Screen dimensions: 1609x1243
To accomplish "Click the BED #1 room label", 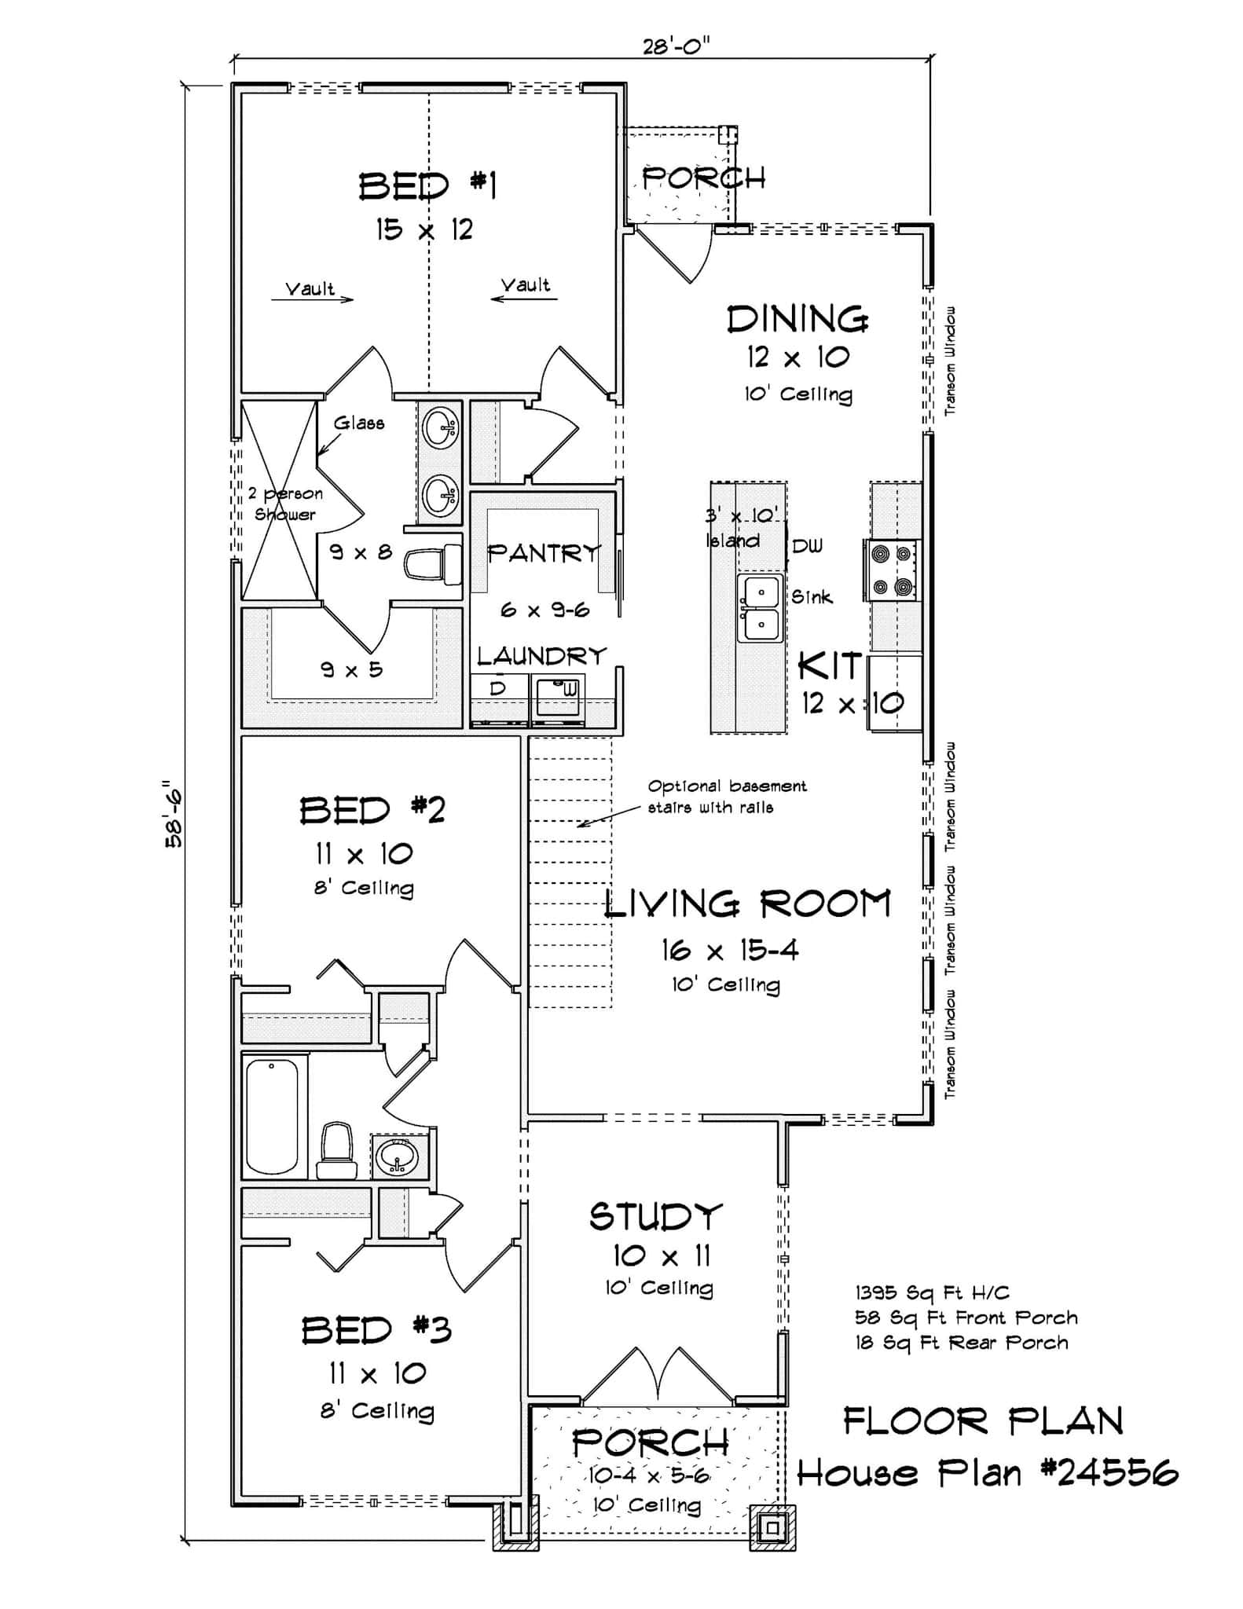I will pyautogui.click(x=427, y=186).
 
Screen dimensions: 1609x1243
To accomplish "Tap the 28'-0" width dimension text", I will pyautogui.click(x=676, y=47).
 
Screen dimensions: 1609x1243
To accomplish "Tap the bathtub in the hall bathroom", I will pyautogui.click(x=272, y=1116).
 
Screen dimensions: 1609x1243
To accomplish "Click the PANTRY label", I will pyautogui.click(x=544, y=553).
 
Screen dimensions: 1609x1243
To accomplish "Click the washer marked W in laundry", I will pyautogui.click(x=558, y=696).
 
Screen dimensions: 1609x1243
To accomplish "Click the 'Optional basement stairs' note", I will pyautogui.click(x=727, y=796).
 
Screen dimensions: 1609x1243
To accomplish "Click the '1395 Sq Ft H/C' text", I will pyautogui.click(x=932, y=1292).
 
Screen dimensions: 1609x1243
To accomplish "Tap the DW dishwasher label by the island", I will pyautogui.click(x=807, y=545).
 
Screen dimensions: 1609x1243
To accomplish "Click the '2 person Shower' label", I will pyautogui.click(x=284, y=504).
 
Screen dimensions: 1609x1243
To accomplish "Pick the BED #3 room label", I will pyautogui.click(x=376, y=1330).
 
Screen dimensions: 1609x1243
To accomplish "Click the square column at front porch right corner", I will pyautogui.click(x=772, y=1527).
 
